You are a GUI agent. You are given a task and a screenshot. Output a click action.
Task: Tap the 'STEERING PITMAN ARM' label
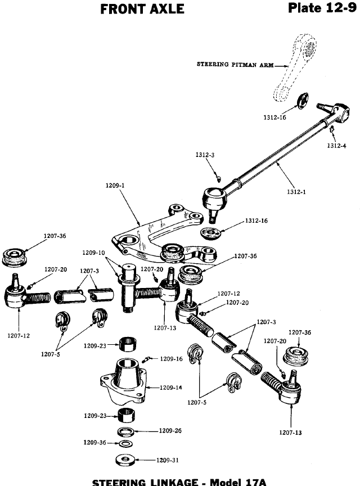(x=235, y=64)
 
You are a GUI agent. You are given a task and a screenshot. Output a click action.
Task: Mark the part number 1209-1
(x=115, y=184)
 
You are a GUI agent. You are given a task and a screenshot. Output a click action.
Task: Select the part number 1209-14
(x=170, y=387)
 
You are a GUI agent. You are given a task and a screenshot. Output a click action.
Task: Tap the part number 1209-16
(x=171, y=358)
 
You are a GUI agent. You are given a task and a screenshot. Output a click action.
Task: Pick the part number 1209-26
(x=170, y=431)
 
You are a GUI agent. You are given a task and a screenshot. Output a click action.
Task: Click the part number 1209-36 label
(x=94, y=443)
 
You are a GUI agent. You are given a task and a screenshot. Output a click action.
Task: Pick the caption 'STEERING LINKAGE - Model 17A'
(x=180, y=481)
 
